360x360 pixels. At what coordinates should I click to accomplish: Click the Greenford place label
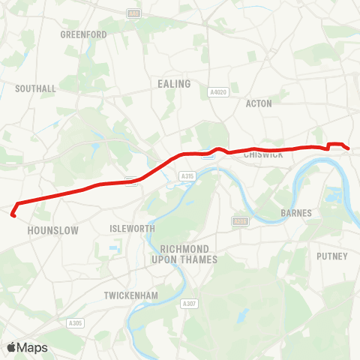(83, 34)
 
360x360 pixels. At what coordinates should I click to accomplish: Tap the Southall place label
(35, 88)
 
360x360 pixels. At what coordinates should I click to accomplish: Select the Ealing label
(174, 84)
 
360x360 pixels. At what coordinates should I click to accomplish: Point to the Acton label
(259, 103)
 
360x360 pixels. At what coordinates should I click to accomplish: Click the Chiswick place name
(262, 154)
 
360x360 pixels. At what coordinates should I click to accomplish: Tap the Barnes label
(295, 213)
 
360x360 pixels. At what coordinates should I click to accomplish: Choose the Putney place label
(332, 256)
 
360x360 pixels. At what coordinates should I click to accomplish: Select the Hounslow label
(52, 231)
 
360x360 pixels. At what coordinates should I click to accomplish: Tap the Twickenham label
(131, 295)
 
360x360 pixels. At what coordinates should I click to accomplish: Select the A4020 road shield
(218, 92)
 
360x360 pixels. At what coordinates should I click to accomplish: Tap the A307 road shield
(191, 304)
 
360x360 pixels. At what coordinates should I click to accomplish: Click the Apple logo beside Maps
(12, 347)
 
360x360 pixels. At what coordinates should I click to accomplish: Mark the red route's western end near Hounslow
(13, 215)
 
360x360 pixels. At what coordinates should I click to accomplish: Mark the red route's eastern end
(349, 148)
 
